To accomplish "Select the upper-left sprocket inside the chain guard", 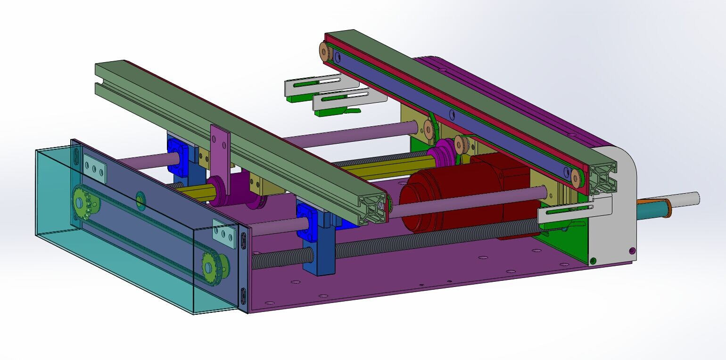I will click(x=85, y=202).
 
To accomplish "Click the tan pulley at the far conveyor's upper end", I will click(x=326, y=50).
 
